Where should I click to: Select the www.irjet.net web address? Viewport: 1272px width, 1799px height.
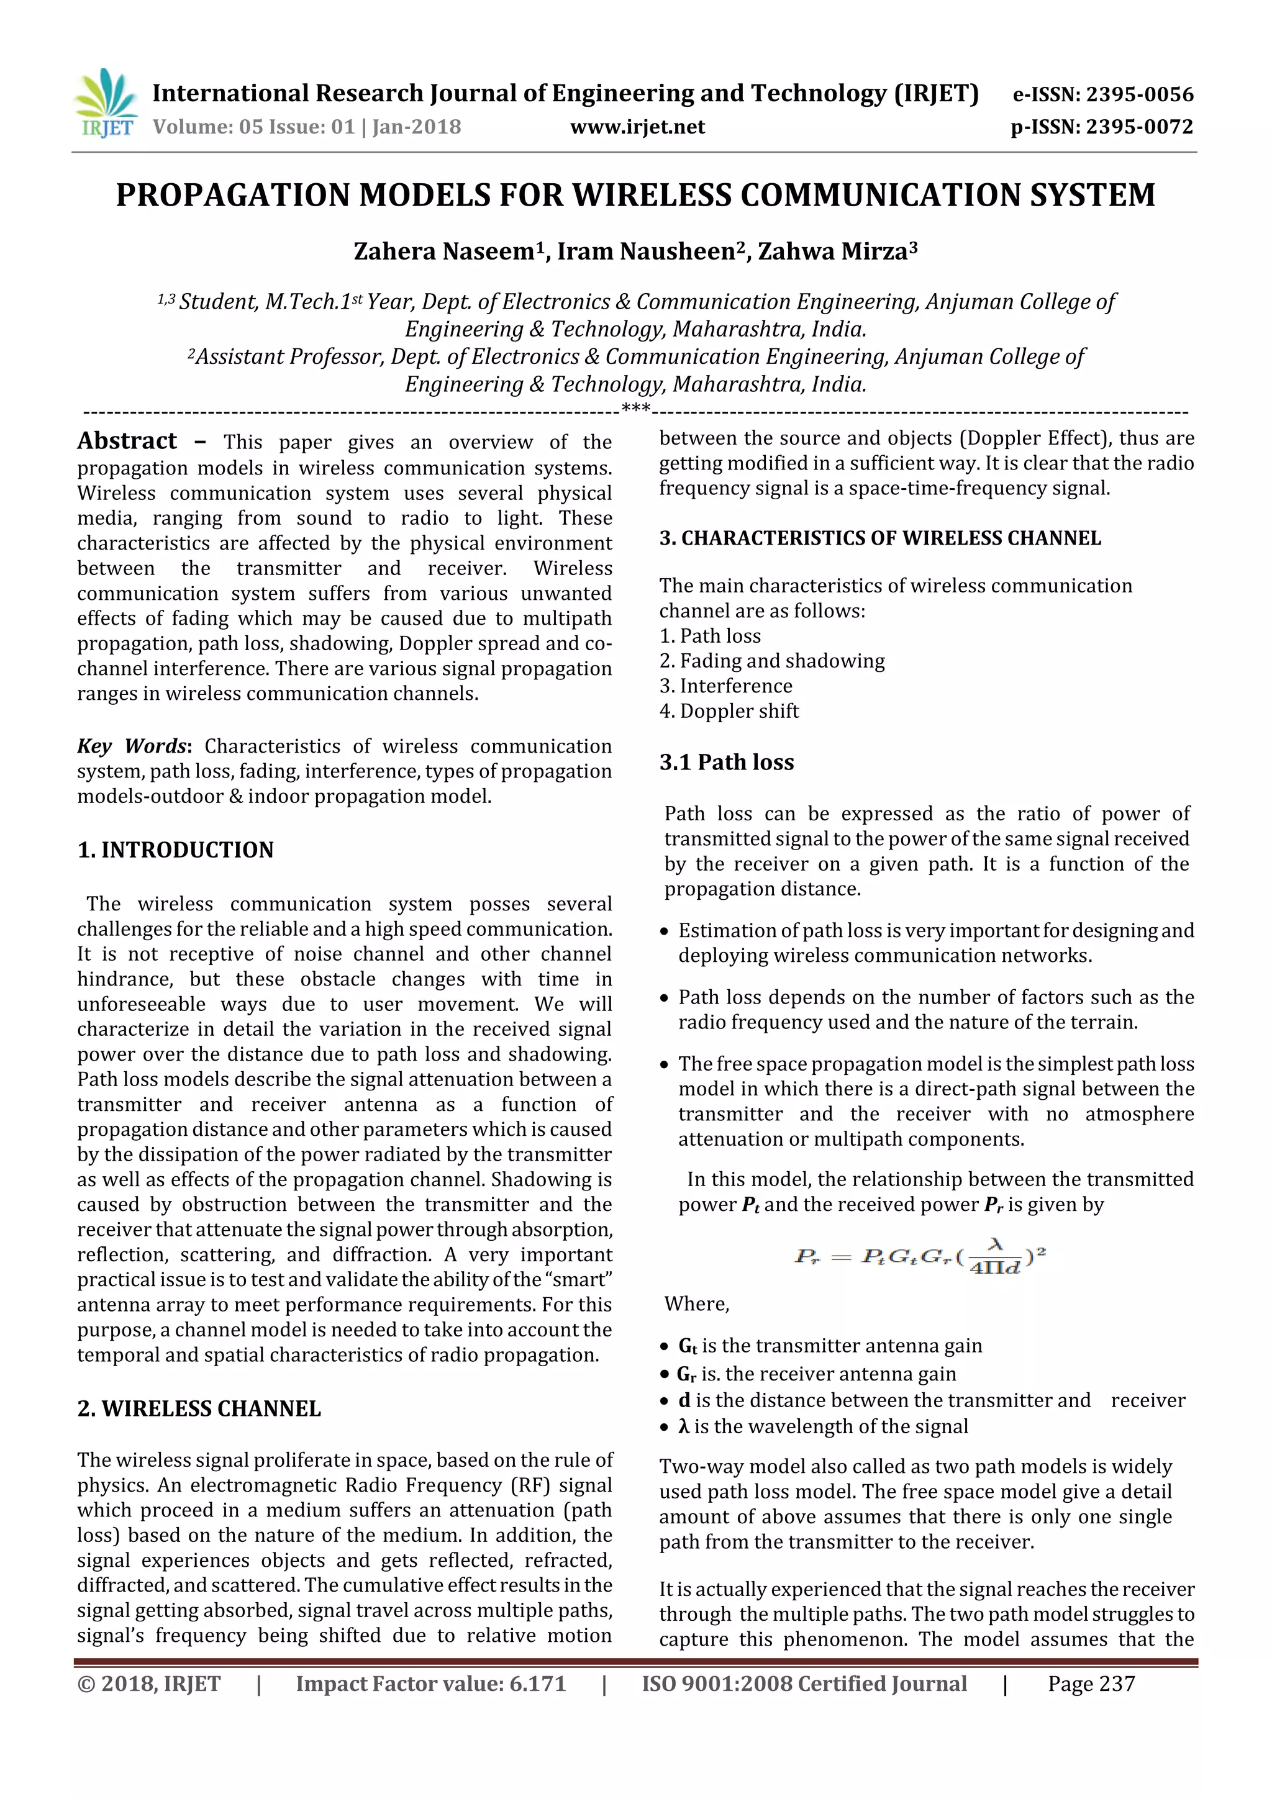pos(637,127)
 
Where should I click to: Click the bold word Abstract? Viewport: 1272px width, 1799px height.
pos(127,441)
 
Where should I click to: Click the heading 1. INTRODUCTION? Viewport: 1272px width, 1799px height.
pos(176,850)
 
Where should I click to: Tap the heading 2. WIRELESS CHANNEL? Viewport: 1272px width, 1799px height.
pos(199,1409)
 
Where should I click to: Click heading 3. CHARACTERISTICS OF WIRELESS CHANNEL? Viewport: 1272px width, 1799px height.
pos(879,538)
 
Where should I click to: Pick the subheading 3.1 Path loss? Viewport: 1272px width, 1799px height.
pos(727,763)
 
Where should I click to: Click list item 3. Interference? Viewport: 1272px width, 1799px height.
pos(725,686)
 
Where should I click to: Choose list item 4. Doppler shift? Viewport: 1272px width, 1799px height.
pos(729,712)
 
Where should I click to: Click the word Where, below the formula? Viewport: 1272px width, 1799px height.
pos(697,1304)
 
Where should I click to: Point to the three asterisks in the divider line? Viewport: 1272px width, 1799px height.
pos(635,409)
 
